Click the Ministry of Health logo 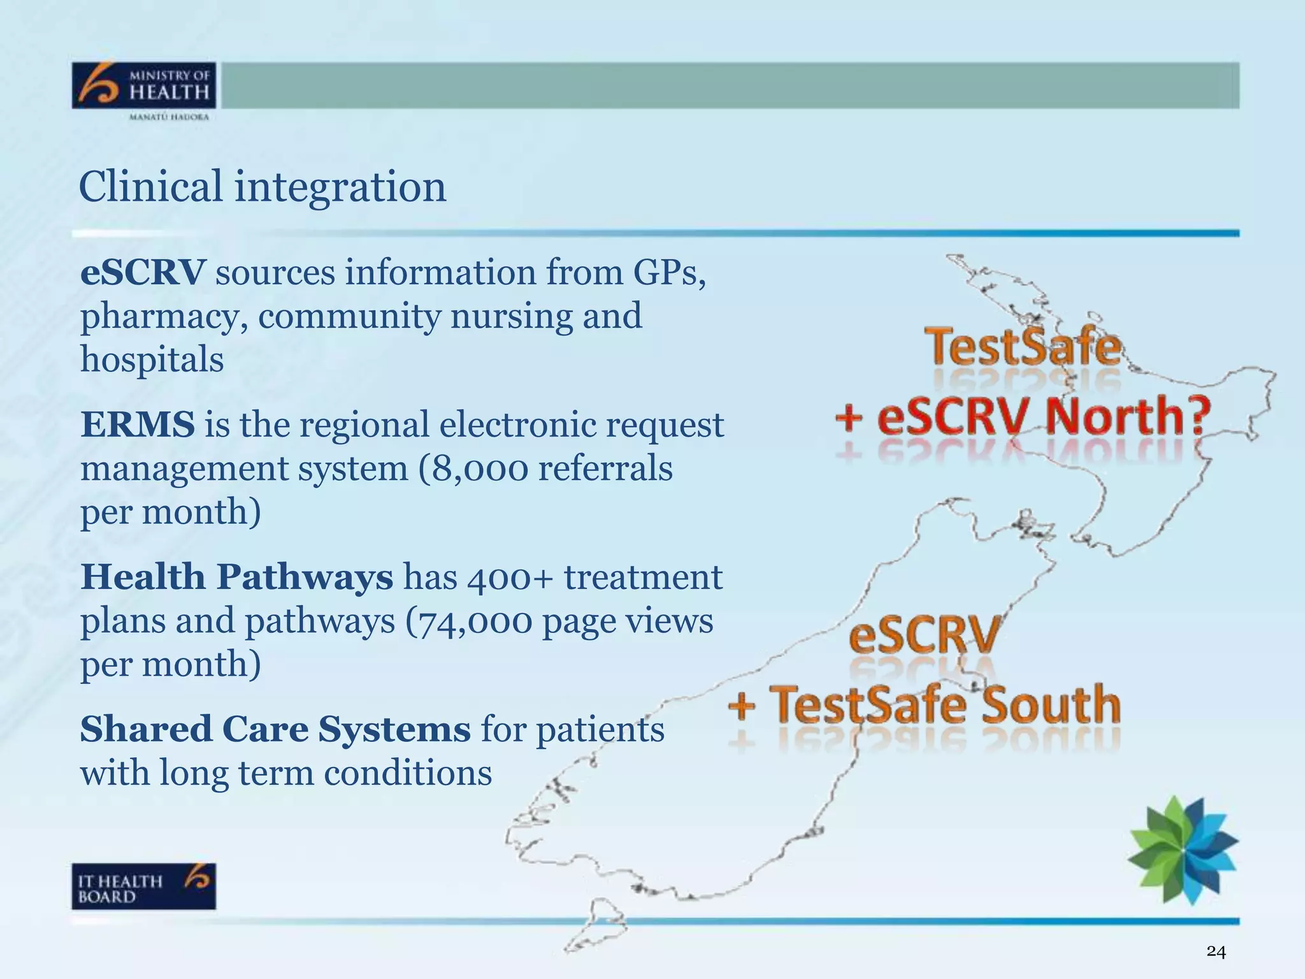coord(144,86)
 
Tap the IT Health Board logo coord(144,886)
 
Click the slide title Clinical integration coord(263,187)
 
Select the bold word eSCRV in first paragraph coord(143,273)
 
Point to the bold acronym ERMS coord(138,424)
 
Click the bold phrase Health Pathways coord(237,577)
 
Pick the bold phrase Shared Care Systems coord(275,729)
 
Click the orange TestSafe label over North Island coord(1023,347)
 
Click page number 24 coord(1216,952)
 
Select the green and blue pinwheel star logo coord(1183,850)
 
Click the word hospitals coord(152,360)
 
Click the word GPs coord(669,273)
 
